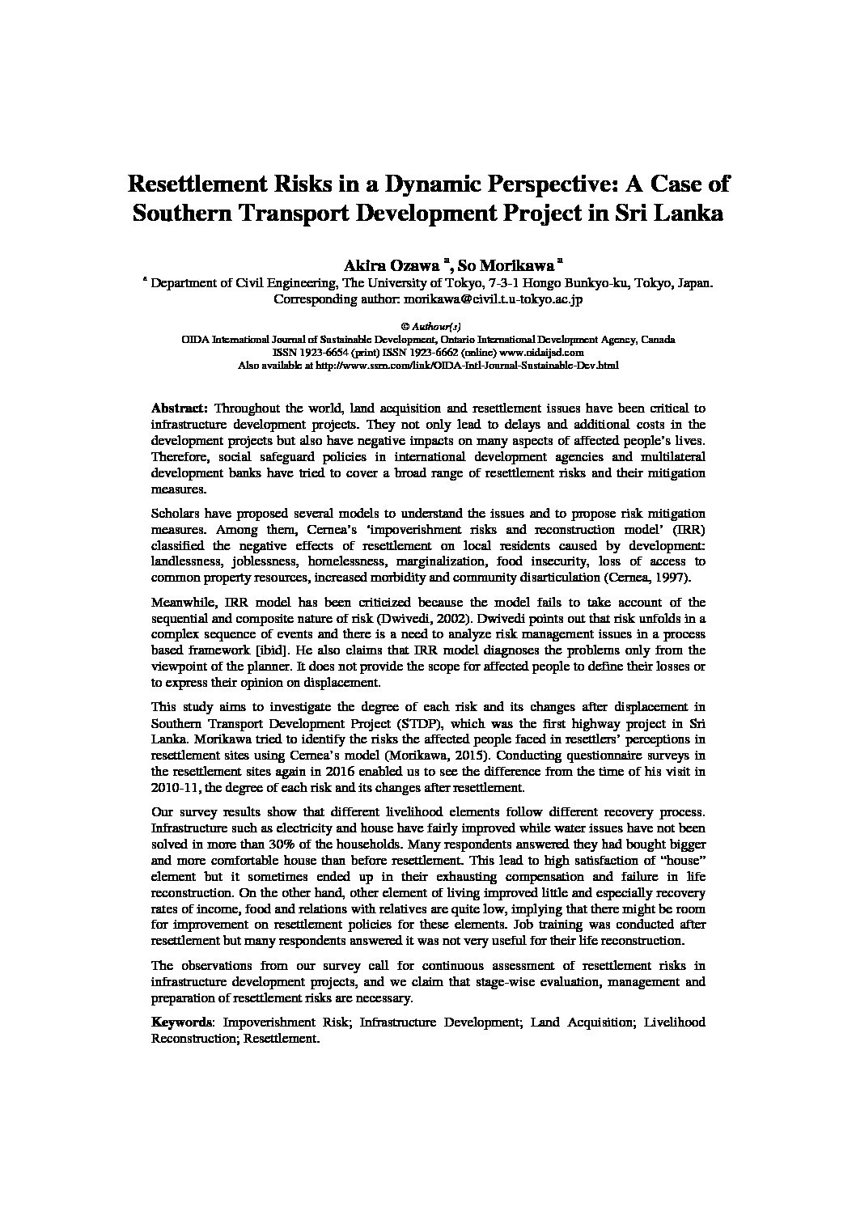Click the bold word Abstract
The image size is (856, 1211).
pos(180,408)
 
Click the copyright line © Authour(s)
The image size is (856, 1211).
pos(428,326)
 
